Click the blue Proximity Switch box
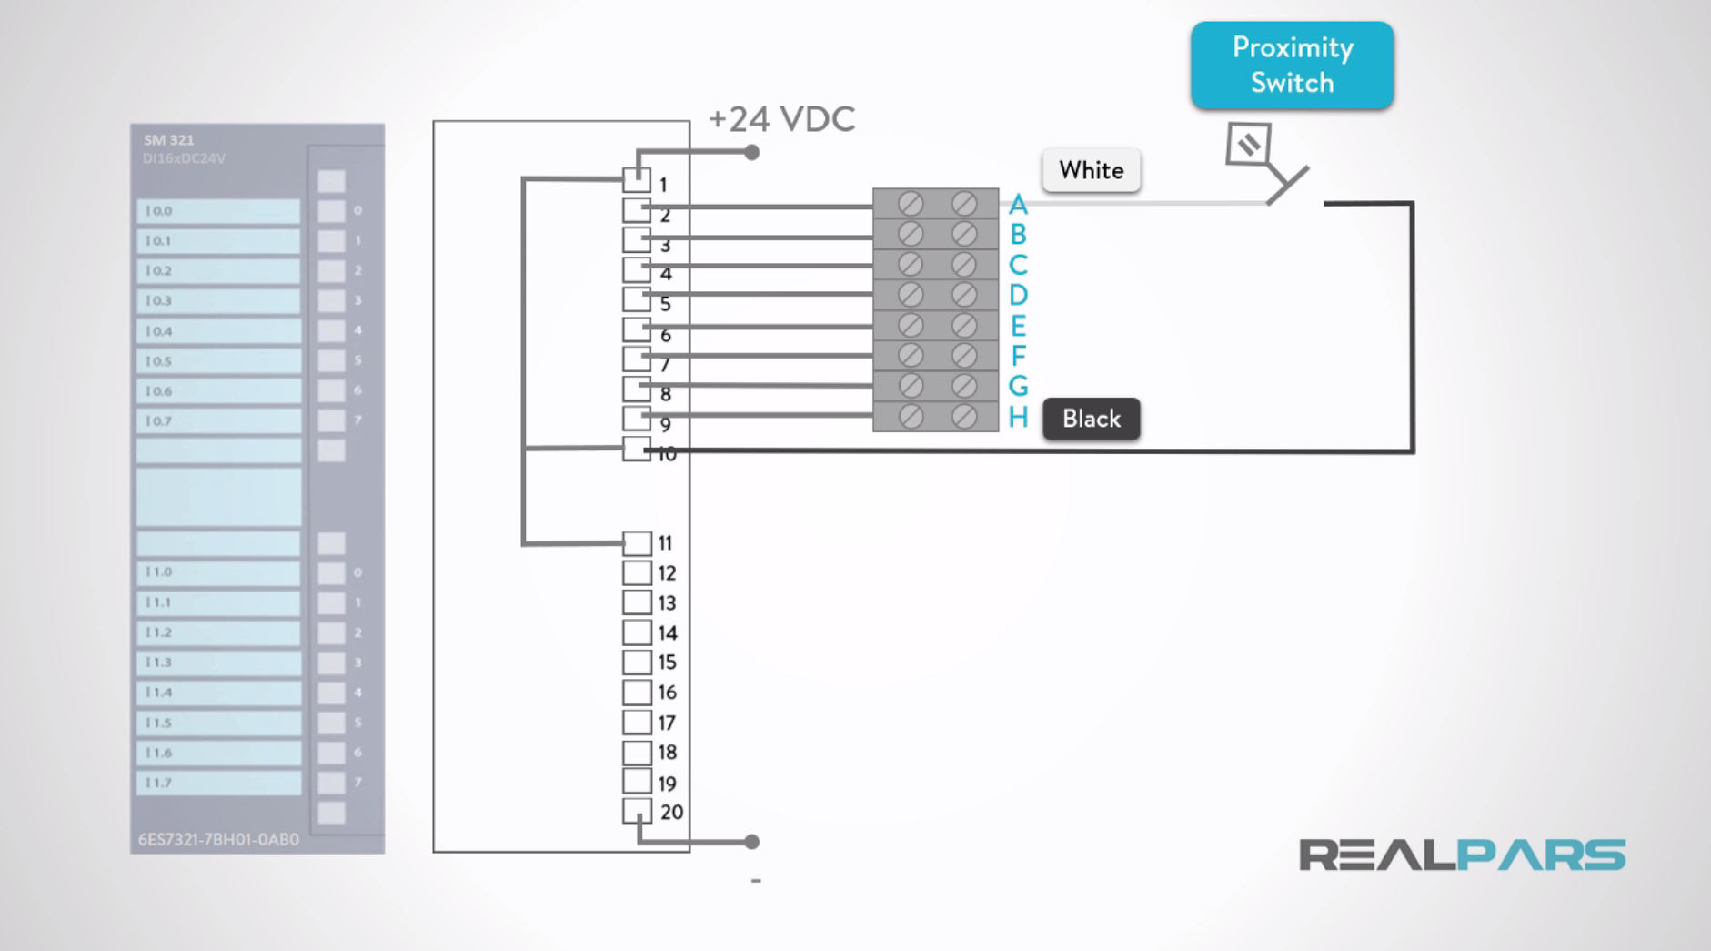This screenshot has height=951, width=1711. pos(1292,65)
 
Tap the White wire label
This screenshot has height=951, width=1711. pos(1091,170)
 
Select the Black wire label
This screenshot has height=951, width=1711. pos(1091,419)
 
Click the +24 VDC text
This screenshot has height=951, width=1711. pos(781,119)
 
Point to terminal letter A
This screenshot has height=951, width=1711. pos(1018,204)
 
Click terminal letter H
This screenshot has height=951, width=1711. pos(1018,418)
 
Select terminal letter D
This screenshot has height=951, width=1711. pos(1018,295)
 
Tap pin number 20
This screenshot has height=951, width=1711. pos(671,812)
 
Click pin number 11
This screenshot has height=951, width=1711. pos(665,543)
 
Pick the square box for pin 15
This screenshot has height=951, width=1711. pos(637,662)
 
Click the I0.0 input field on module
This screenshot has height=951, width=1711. pos(218,211)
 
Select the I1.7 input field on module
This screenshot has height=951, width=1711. pos(218,783)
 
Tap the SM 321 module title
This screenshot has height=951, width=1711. pos(169,140)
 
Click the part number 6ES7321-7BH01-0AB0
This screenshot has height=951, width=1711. pos(218,839)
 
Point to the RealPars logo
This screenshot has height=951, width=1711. pos(1462,855)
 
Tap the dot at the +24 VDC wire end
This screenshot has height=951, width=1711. pos(751,153)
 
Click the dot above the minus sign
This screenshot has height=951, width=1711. pos(751,842)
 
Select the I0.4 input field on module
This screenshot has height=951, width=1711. pos(218,331)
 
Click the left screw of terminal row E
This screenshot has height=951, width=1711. pos(910,325)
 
